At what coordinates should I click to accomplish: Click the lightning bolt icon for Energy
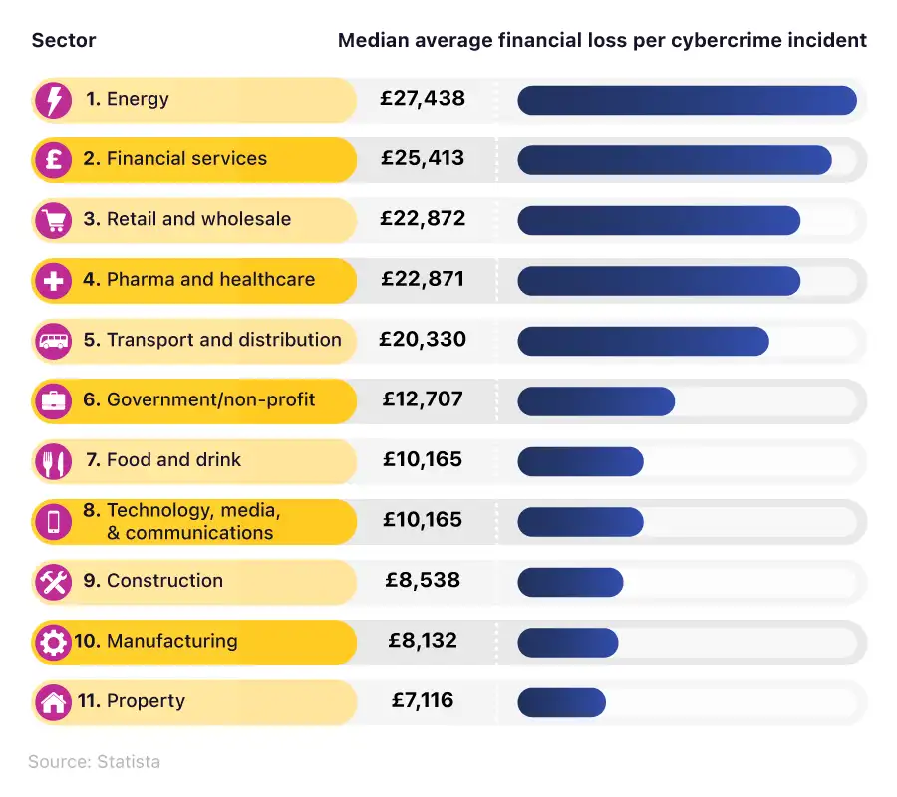53,100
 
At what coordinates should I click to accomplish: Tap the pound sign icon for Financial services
53,159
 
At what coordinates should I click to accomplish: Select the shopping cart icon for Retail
53,220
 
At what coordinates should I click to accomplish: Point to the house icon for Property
53,702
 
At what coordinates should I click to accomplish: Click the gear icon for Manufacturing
53,642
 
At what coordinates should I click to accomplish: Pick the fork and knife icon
53,461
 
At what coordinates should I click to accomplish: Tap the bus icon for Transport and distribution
53,341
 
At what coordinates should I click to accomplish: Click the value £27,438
423,99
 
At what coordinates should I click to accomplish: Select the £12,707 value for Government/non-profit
423,399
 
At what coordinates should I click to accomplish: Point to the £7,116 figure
423,700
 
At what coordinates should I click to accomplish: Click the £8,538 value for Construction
423,580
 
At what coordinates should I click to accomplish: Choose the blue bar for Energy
687,100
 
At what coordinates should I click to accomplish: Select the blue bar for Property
561,702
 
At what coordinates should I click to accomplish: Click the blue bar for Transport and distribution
643,341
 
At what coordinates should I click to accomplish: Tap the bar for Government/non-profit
596,401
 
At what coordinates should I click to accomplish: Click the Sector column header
64,41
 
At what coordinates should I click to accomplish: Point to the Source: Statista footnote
94,762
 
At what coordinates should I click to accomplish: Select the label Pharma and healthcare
210,280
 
